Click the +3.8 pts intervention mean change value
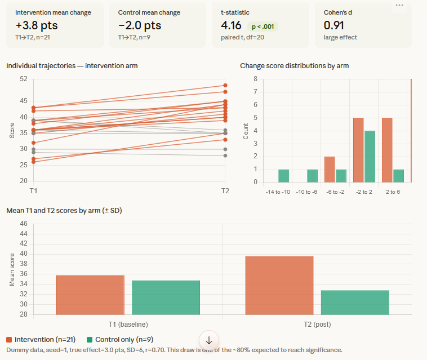pyautogui.click(x=37, y=25)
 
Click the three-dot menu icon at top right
pyautogui.click(x=399, y=5)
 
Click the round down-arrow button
pyautogui.click(x=209, y=340)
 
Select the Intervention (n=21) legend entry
pyautogui.click(x=39, y=340)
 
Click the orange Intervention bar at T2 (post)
pyautogui.click(x=279, y=285)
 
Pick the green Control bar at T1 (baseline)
pyautogui.click(x=166, y=297)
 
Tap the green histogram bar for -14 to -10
pyautogui.click(x=283, y=176)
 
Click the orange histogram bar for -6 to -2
pyautogui.click(x=330, y=169)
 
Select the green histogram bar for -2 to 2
pyautogui.click(x=370, y=157)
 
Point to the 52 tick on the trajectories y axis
pyautogui.click(x=23, y=79)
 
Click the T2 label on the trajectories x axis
pyautogui.click(x=225, y=191)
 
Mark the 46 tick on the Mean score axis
pyautogui.click(x=23, y=223)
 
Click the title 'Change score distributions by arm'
pyautogui.click(x=294, y=66)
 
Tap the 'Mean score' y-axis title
pyautogui.click(x=12, y=269)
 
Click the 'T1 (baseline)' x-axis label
pyautogui.click(x=128, y=324)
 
